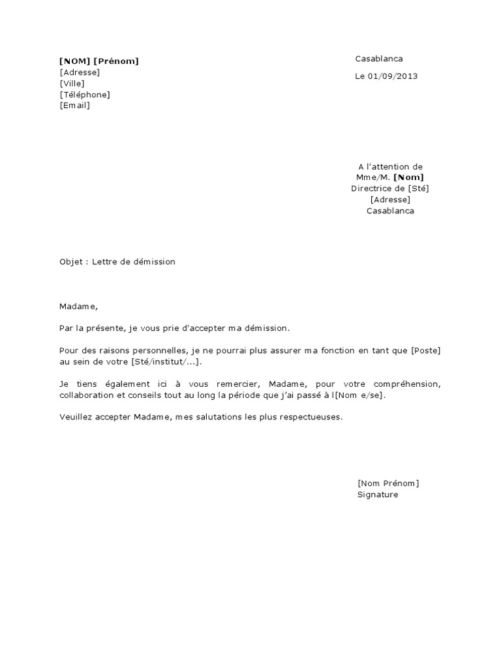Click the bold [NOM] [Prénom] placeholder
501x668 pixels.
(99, 61)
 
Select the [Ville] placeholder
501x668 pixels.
(72, 83)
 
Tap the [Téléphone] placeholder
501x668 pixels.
(84, 95)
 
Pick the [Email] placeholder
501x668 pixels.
(74, 106)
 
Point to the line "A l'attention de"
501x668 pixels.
(390, 167)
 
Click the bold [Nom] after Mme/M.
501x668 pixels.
(408, 177)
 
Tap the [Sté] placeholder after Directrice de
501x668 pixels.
(419, 189)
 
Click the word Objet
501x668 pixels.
(70, 262)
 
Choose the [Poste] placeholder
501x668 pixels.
(425, 350)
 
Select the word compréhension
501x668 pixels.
(409, 385)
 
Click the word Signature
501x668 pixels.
(377, 494)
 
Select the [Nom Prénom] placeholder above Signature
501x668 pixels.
(388, 483)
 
